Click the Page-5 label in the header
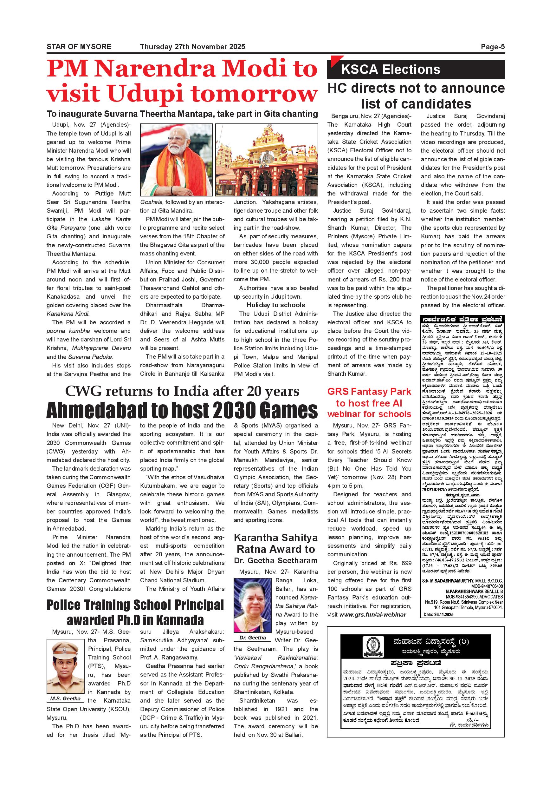coord(492,47)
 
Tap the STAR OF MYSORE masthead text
coord(79,47)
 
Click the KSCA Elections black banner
coord(416,69)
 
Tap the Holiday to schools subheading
coord(275,305)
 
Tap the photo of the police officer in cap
coord(65,662)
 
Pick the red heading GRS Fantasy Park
coord(369,392)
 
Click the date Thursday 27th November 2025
coord(192,47)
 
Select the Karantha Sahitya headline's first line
coord(275,538)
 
